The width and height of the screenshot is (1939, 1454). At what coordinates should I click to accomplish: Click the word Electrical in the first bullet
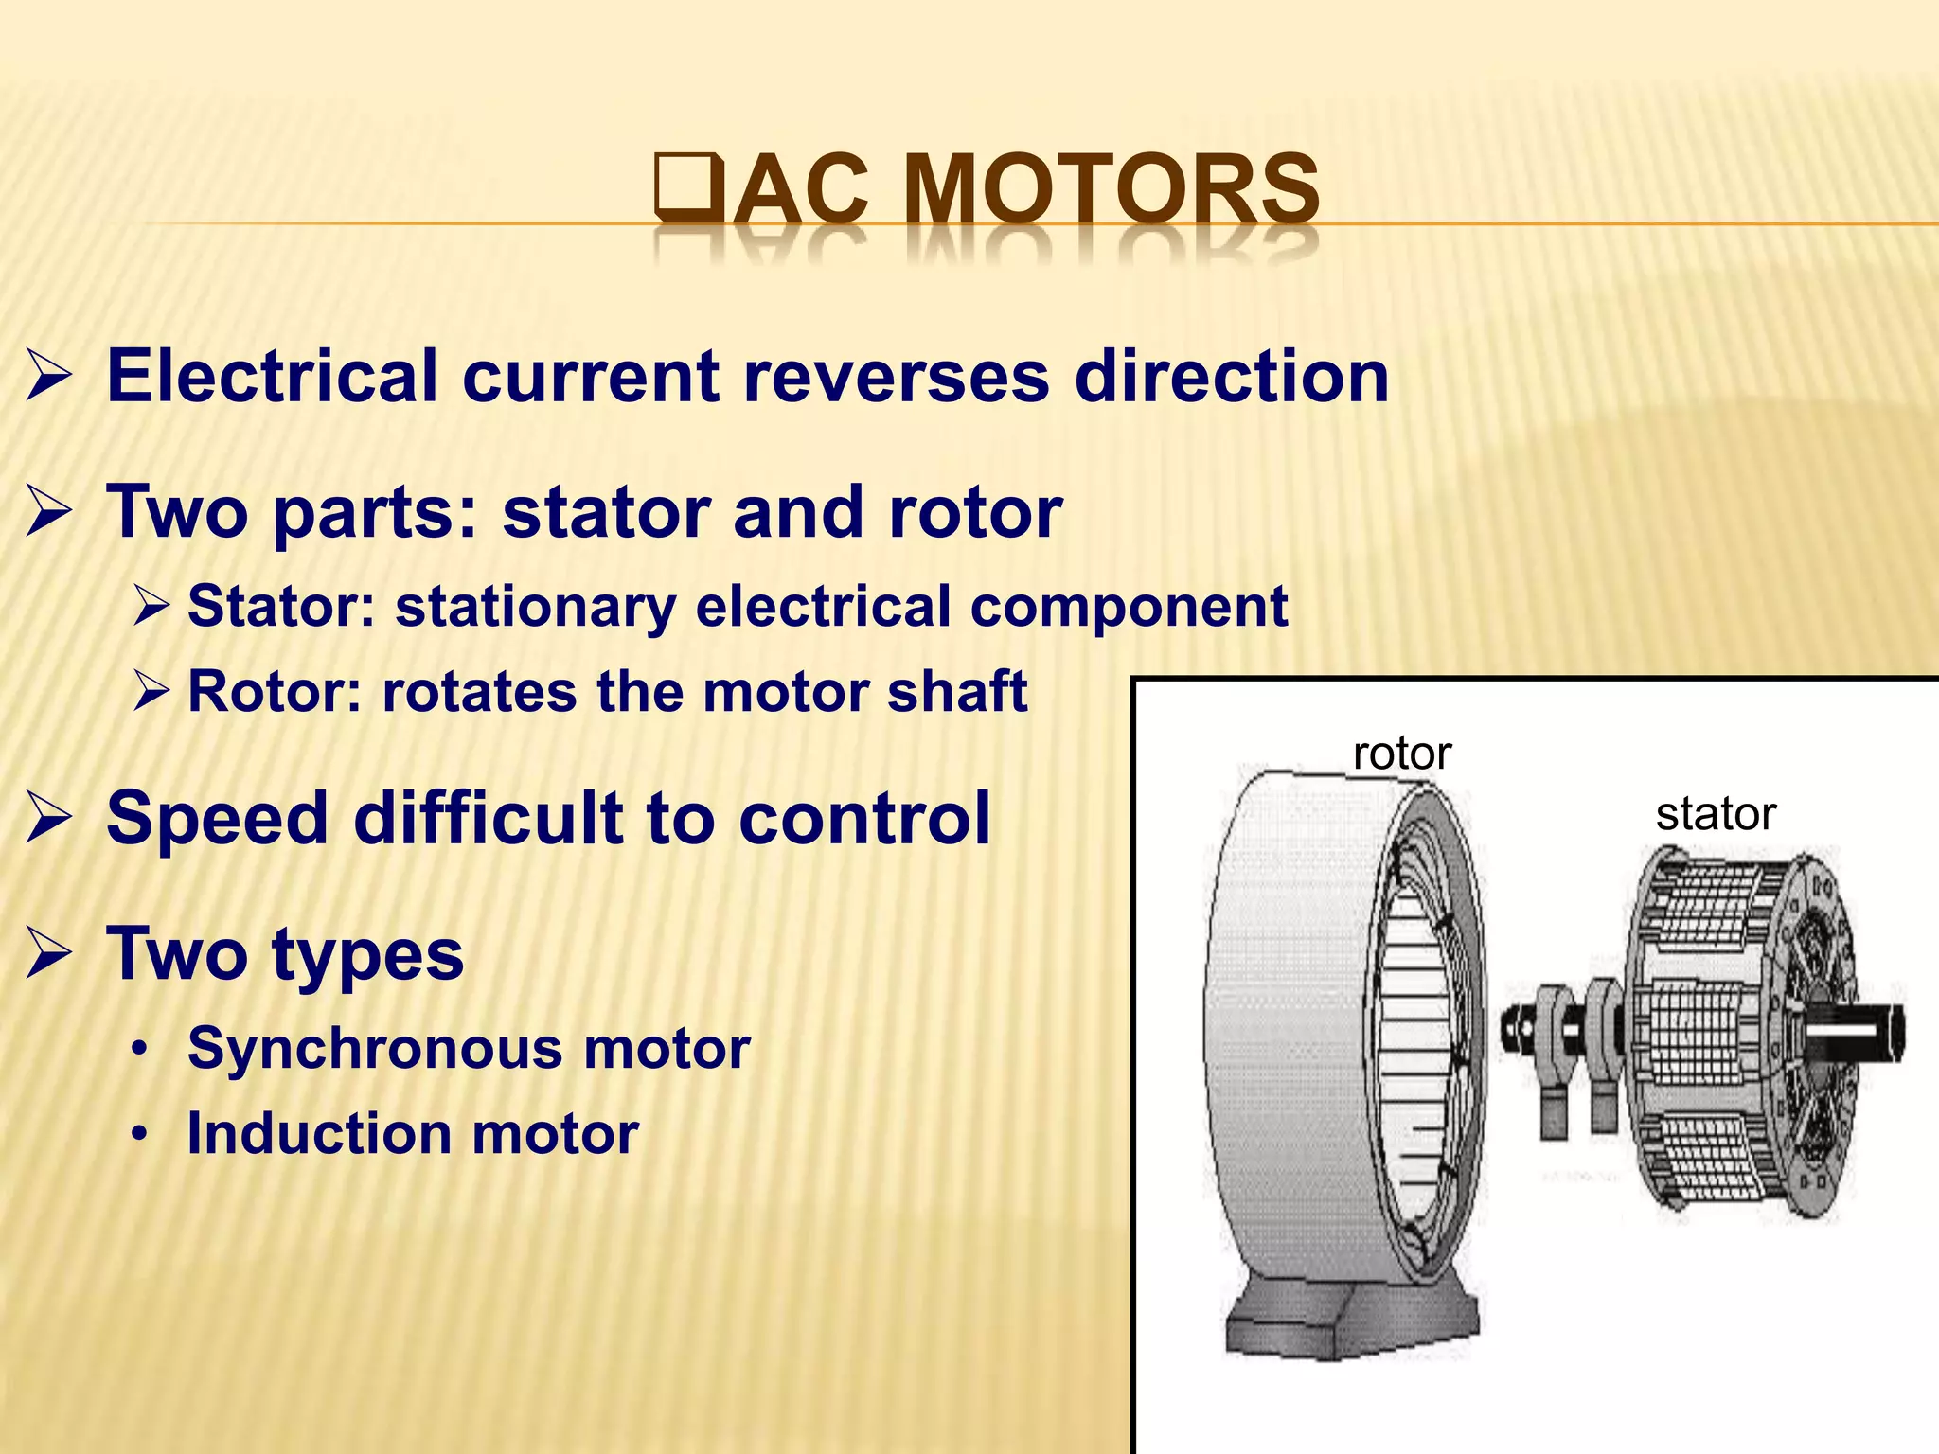[272, 376]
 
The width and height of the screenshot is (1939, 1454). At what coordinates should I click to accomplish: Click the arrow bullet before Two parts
[47, 512]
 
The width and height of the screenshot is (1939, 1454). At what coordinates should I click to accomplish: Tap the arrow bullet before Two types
[47, 954]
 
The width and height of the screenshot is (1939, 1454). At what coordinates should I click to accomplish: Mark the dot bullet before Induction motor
[140, 1134]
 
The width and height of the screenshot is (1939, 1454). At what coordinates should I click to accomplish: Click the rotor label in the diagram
[1401, 754]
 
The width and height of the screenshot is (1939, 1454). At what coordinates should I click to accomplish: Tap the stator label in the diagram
[1716, 814]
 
